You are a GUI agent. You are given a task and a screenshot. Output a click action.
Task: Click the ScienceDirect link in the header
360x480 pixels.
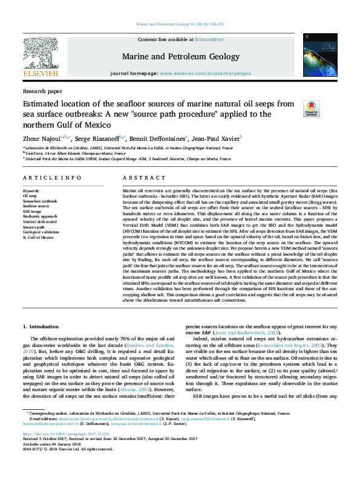click(x=209, y=39)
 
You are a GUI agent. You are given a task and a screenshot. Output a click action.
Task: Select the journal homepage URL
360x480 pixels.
click(x=205, y=73)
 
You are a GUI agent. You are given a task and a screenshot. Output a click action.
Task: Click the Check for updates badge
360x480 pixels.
click(x=311, y=108)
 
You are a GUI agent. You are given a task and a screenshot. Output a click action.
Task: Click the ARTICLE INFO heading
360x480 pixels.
click(x=52, y=178)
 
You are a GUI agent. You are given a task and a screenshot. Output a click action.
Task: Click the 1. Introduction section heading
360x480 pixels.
click(x=41, y=326)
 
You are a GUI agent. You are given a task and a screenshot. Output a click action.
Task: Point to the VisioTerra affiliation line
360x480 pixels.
click(x=64, y=153)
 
